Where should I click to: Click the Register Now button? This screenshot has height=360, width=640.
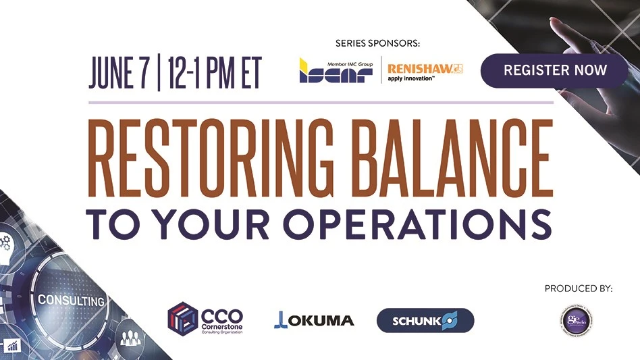(555, 70)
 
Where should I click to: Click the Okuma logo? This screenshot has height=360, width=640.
(314, 319)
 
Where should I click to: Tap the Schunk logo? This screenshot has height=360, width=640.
(425, 320)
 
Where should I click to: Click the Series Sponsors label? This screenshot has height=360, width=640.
(377, 43)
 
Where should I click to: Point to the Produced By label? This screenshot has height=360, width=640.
(578, 288)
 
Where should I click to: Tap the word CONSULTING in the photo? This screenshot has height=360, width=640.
(71, 300)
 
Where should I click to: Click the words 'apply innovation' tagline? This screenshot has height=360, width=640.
(410, 80)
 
